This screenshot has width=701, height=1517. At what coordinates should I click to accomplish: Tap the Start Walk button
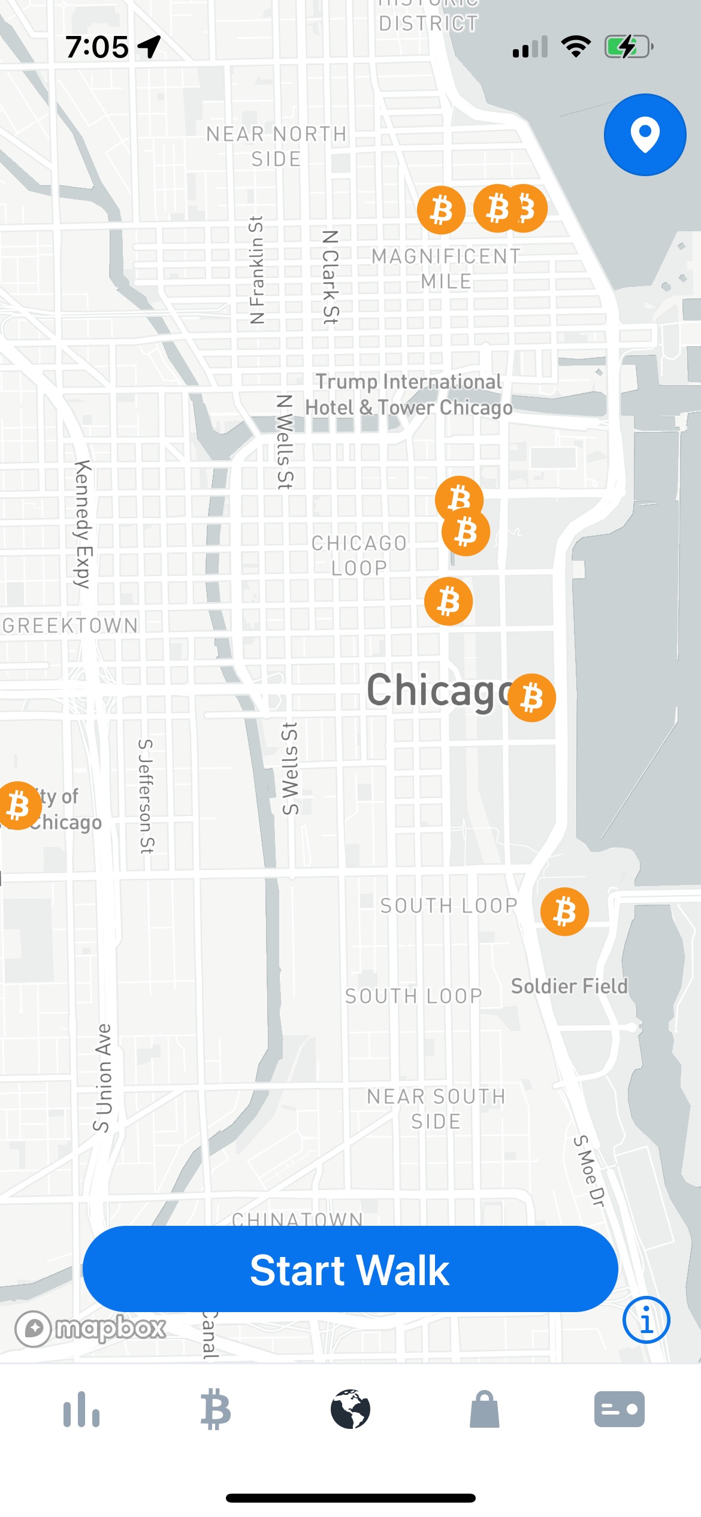(350, 1270)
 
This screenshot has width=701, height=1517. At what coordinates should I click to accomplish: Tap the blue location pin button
(645, 135)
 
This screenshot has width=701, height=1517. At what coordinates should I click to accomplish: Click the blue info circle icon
(646, 1320)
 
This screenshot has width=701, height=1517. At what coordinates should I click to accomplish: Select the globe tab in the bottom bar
(350, 1409)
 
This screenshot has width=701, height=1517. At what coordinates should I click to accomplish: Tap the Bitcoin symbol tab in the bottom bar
(216, 1409)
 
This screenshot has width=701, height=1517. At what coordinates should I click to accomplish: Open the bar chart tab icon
(81, 1409)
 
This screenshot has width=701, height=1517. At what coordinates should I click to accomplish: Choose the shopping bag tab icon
(485, 1409)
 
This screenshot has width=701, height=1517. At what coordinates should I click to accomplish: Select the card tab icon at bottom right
(620, 1409)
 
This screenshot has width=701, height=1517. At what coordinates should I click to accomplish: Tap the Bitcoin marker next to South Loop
(564, 912)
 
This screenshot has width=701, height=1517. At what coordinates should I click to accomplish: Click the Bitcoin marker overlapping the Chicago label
(532, 698)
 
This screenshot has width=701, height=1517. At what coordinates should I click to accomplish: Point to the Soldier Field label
(569, 986)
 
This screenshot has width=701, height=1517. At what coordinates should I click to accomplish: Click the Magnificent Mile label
(446, 268)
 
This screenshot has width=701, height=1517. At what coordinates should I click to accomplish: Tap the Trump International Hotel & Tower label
(409, 394)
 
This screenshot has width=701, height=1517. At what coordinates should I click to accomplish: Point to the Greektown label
(70, 625)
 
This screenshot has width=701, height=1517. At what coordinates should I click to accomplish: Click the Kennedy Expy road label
(83, 524)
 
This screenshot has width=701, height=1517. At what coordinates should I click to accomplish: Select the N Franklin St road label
(256, 270)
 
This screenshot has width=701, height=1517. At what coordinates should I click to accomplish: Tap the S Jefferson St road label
(146, 796)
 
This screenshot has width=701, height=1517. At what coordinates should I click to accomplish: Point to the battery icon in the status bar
(628, 47)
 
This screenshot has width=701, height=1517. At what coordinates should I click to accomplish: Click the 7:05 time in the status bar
(97, 47)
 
